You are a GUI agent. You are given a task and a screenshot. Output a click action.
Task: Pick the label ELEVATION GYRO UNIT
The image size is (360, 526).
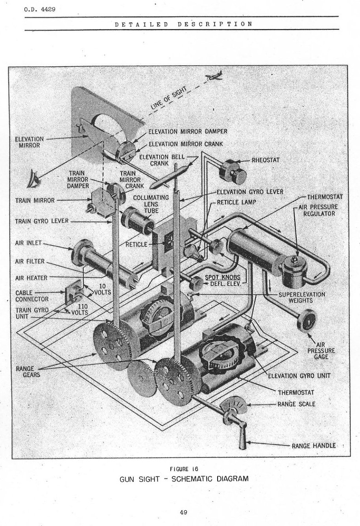click(299, 376)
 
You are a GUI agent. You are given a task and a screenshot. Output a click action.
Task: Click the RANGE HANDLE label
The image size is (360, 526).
click(314, 446)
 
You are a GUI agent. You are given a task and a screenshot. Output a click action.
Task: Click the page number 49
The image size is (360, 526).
click(183, 512)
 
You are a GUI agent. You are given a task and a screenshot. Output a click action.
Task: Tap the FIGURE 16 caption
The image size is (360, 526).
click(184, 469)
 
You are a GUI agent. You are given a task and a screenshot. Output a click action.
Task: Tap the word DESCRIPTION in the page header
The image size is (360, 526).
click(215, 24)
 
